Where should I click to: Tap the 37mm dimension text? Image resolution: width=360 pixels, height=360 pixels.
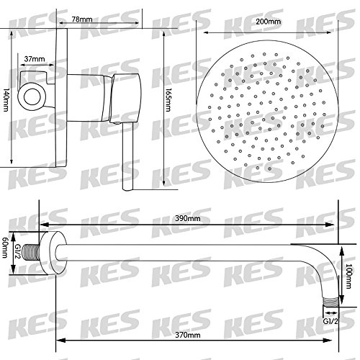point(35,59)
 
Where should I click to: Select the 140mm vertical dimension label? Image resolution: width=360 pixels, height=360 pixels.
point(5,100)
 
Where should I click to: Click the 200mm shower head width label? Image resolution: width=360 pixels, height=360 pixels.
point(268,22)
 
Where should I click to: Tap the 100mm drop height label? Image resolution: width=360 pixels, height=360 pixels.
point(348,276)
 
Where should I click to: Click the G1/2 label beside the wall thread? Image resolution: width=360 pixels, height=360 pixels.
point(18,252)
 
